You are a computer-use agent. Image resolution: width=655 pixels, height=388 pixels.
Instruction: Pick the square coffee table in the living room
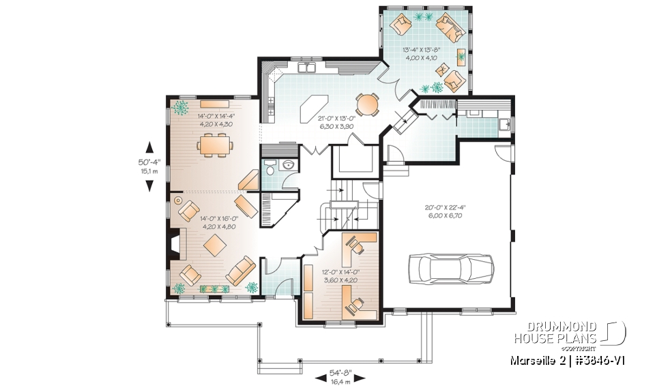(x=216, y=244)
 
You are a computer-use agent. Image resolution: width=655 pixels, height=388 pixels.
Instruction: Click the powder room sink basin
(x=287, y=165)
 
